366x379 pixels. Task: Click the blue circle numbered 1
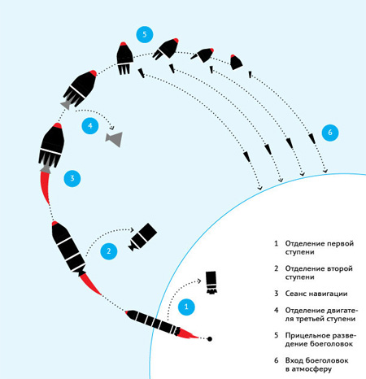(186, 307)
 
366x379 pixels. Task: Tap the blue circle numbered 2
(109, 251)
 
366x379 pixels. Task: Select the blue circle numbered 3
(72, 178)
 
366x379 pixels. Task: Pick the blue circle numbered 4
(90, 126)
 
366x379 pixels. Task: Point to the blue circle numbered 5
(145, 34)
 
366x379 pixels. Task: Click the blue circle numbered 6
(330, 133)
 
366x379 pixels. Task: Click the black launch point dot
(210, 339)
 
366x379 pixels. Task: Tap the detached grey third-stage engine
(114, 139)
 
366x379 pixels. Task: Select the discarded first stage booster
(211, 282)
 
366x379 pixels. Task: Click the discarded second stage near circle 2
(143, 237)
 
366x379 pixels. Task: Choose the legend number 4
(277, 310)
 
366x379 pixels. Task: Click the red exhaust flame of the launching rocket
(189, 334)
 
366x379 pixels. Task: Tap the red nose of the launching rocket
(126, 312)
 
